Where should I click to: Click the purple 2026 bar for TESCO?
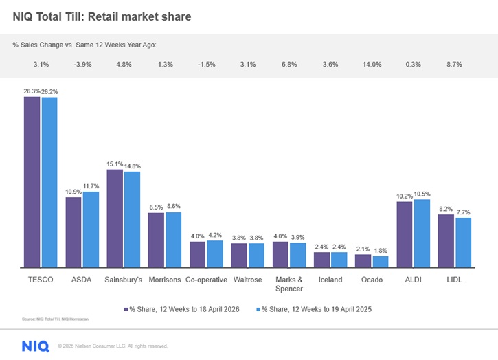[32, 182]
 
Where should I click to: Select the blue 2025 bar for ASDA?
[91, 229]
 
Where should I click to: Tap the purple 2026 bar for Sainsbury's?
[115, 218]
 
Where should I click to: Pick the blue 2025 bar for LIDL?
[463, 243]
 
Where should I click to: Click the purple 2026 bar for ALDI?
[405, 234]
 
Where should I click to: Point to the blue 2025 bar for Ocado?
[380, 262]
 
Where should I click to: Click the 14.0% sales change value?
[372, 65]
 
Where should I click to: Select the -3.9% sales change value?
[82, 65]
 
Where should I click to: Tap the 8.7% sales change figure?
[454, 65]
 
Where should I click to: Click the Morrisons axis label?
[164, 280]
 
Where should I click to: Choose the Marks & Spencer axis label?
[288, 284]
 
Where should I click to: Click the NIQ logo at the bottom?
[35, 346]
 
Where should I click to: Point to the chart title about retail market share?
[102, 16]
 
